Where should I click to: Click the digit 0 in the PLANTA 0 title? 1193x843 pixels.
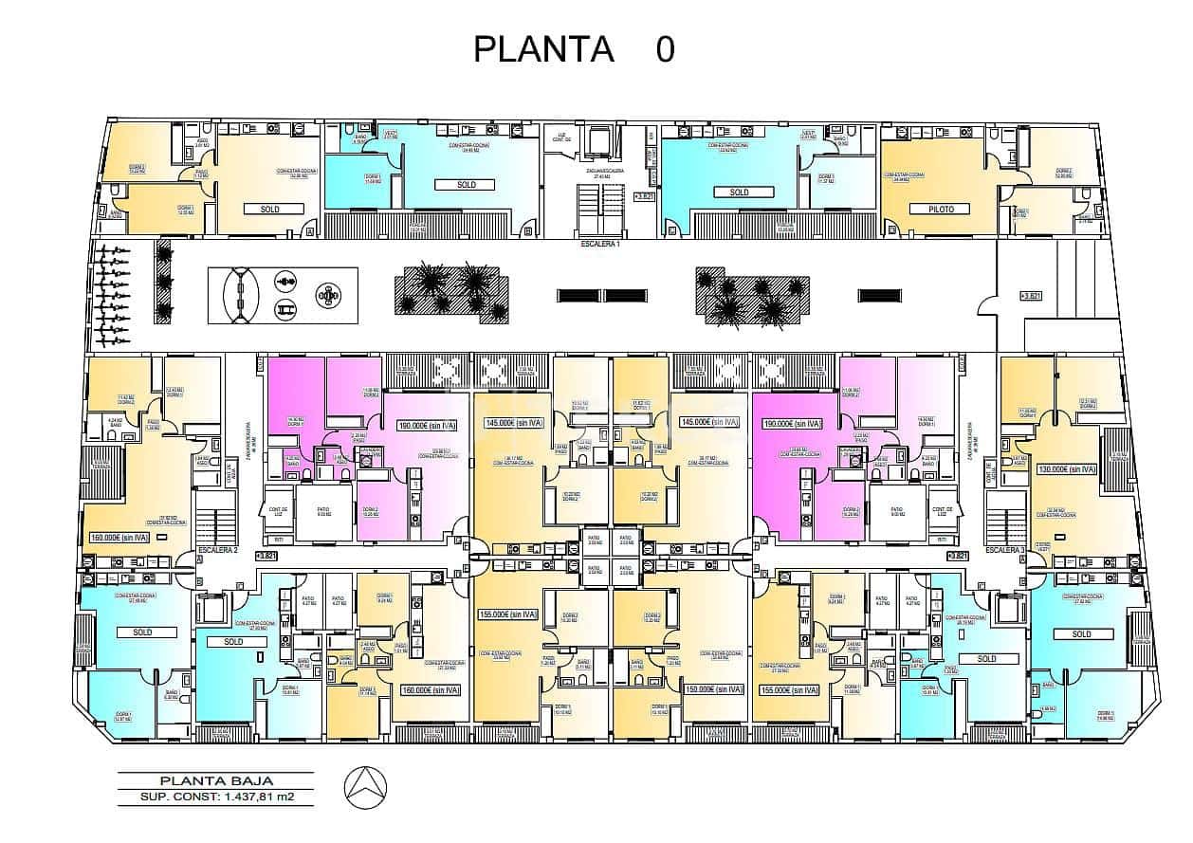(665, 48)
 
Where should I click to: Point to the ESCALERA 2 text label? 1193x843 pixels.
(217, 551)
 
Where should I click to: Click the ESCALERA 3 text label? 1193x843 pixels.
(1005, 551)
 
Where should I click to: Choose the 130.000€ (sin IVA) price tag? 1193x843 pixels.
(1066, 469)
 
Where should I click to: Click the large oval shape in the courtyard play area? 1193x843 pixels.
(241, 296)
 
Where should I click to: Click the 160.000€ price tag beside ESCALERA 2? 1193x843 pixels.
(119, 538)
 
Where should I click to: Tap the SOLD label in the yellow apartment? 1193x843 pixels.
(269, 208)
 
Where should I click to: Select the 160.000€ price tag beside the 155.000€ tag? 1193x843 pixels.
(431, 690)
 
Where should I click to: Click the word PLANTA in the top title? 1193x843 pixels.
(543, 48)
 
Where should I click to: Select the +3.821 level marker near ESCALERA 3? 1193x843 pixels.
(959, 556)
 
